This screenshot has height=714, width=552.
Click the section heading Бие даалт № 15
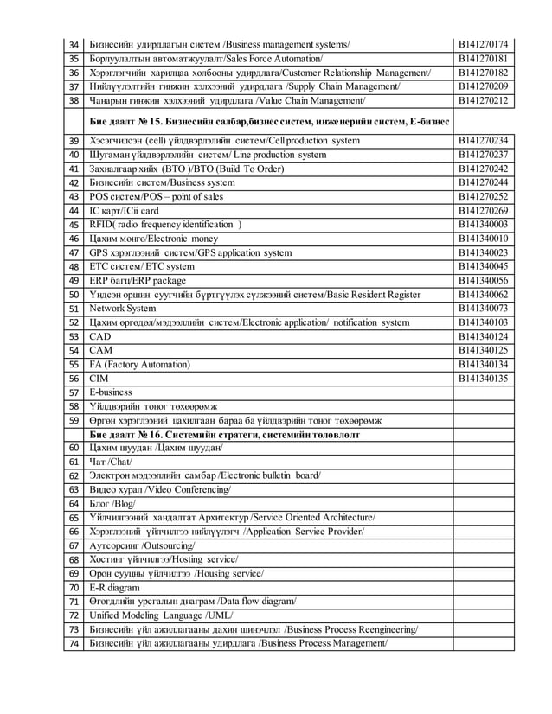tap(268, 121)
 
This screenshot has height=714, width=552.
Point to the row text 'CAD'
tap(101, 336)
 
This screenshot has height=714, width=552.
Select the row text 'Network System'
tap(123, 309)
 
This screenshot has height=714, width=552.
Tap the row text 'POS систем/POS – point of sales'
tap(157, 196)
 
